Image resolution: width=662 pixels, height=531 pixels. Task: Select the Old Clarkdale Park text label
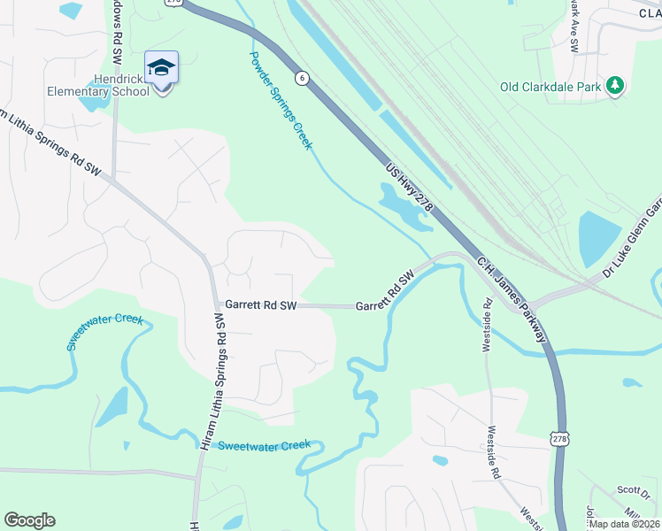(x=550, y=87)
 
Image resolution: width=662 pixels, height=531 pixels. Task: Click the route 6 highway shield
(x=303, y=78)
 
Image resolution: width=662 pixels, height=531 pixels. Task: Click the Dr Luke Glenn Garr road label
(x=632, y=236)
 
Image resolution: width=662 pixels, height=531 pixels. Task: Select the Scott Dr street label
(x=634, y=489)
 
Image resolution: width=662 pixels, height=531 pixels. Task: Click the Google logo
(x=29, y=520)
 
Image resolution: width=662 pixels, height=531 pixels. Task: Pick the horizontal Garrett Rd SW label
(x=259, y=304)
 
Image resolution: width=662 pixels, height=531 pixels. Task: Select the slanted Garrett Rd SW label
(x=385, y=291)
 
